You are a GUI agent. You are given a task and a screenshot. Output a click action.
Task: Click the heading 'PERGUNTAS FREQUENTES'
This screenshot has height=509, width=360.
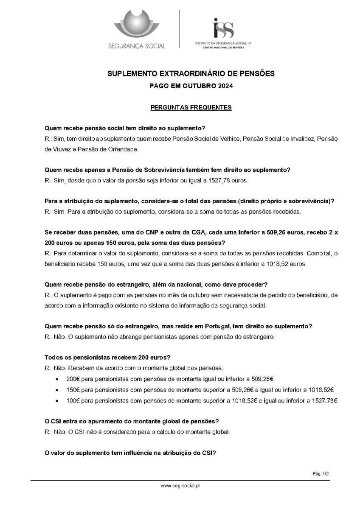pyautogui.click(x=191, y=107)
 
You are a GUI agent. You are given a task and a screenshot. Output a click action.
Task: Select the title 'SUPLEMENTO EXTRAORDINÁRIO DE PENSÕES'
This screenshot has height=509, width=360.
pyautogui.click(x=191, y=74)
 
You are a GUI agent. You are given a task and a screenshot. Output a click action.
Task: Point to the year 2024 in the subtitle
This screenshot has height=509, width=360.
pyautogui.click(x=226, y=86)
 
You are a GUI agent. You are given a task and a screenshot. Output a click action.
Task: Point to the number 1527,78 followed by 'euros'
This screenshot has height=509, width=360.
pyautogui.click(x=225, y=180)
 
